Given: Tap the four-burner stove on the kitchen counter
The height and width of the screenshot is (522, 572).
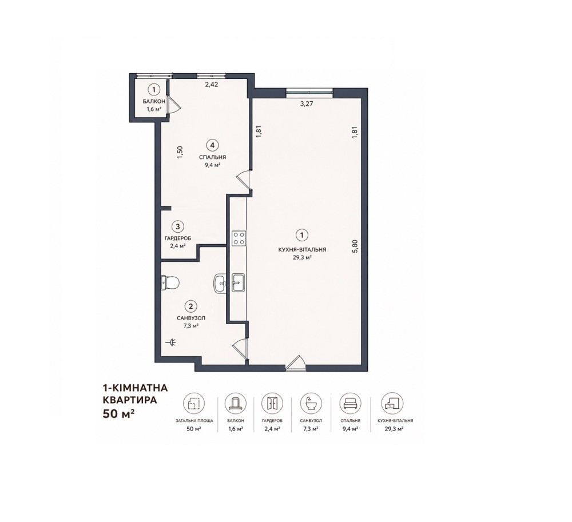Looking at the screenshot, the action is (x=239, y=238).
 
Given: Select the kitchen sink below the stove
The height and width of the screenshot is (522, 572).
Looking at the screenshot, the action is (x=239, y=282).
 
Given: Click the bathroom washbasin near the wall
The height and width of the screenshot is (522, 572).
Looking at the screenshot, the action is (x=220, y=283).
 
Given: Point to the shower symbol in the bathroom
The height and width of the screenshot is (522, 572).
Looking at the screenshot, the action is (x=171, y=342).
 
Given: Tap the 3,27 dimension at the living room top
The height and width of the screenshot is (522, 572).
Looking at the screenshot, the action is (x=307, y=103).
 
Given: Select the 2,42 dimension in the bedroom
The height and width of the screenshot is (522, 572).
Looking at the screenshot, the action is (x=211, y=85).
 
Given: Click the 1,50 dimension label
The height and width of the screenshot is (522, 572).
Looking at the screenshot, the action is (x=180, y=152).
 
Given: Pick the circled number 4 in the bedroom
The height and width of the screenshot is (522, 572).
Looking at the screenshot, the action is (x=212, y=145).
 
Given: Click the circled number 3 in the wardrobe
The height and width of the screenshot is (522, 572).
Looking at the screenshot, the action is (x=178, y=227).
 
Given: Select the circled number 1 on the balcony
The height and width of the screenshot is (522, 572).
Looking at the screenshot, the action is (x=154, y=89).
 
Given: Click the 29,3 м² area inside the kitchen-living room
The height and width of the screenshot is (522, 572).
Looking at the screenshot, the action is (x=302, y=257).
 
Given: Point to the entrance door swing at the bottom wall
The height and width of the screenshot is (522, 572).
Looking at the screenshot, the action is (x=296, y=363).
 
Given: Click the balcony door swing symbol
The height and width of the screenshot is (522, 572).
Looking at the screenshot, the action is (x=174, y=105).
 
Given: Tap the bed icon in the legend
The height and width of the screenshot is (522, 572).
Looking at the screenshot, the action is (x=350, y=404).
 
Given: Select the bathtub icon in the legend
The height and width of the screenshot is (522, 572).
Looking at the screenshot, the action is (x=311, y=404).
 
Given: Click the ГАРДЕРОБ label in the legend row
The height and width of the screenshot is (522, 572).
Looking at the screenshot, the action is (x=272, y=421).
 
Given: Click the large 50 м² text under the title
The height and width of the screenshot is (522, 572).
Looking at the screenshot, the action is (x=117, y=414).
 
